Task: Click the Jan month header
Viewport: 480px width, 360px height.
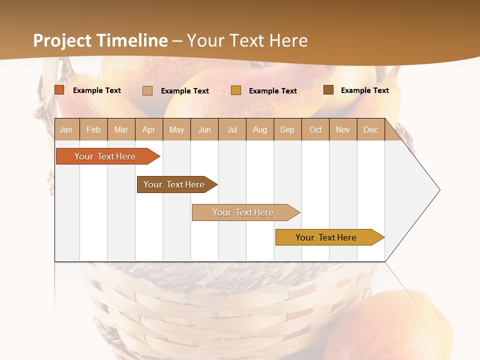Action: (x=66, y=129)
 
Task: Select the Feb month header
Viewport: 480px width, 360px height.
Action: (x=93, y=129)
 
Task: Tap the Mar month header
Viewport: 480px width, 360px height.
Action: (x=121, y=129)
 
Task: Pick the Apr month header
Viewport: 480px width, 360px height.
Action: (x=149, y=129)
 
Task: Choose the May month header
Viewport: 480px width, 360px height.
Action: (x=176, y=129)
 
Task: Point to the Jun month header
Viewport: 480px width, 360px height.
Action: (x=204, y=129)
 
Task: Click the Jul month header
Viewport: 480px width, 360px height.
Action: (x=232, y=129)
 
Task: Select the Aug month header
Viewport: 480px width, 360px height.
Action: (x=260, y=129)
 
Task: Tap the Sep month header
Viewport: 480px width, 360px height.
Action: (x=287, y=129)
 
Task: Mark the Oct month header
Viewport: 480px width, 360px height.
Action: (x=315, y=129)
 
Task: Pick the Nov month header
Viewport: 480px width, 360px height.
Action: (x=343, y=129)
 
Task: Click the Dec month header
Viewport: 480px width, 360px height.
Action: (x=371, y=129)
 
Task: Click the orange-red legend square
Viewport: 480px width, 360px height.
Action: (x=59, y=90)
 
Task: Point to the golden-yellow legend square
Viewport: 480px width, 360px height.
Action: (x=236, y=90)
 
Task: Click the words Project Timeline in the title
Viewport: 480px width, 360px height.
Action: (x=100, y=40)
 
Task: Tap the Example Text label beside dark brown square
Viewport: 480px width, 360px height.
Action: (x=364, y=90)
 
